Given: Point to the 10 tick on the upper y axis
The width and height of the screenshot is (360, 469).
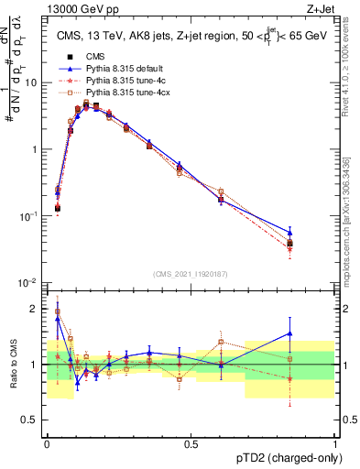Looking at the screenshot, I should (32, 82).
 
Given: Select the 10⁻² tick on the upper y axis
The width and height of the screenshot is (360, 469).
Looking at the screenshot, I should (30, 283).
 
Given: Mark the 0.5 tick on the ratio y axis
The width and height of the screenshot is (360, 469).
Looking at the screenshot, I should (35, 420).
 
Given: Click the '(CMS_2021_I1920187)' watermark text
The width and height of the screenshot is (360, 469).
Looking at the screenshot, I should (191, 273).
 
